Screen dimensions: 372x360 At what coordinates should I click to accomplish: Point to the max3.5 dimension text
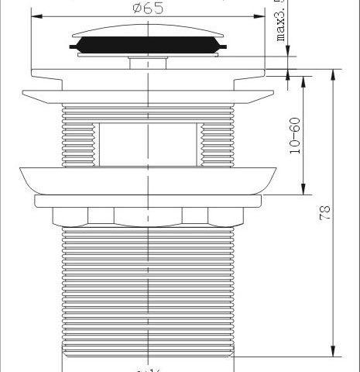pos(281,23)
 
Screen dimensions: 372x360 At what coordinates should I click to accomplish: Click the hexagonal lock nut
pos(147,215)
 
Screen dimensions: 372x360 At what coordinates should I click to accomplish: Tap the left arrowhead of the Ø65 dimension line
pos(36,13)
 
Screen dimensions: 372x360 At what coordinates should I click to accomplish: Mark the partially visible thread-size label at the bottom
pos(147,367)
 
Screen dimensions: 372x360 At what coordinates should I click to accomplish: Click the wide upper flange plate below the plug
pos(147,99)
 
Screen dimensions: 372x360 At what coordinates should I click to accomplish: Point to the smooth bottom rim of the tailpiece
pos(147,360)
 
